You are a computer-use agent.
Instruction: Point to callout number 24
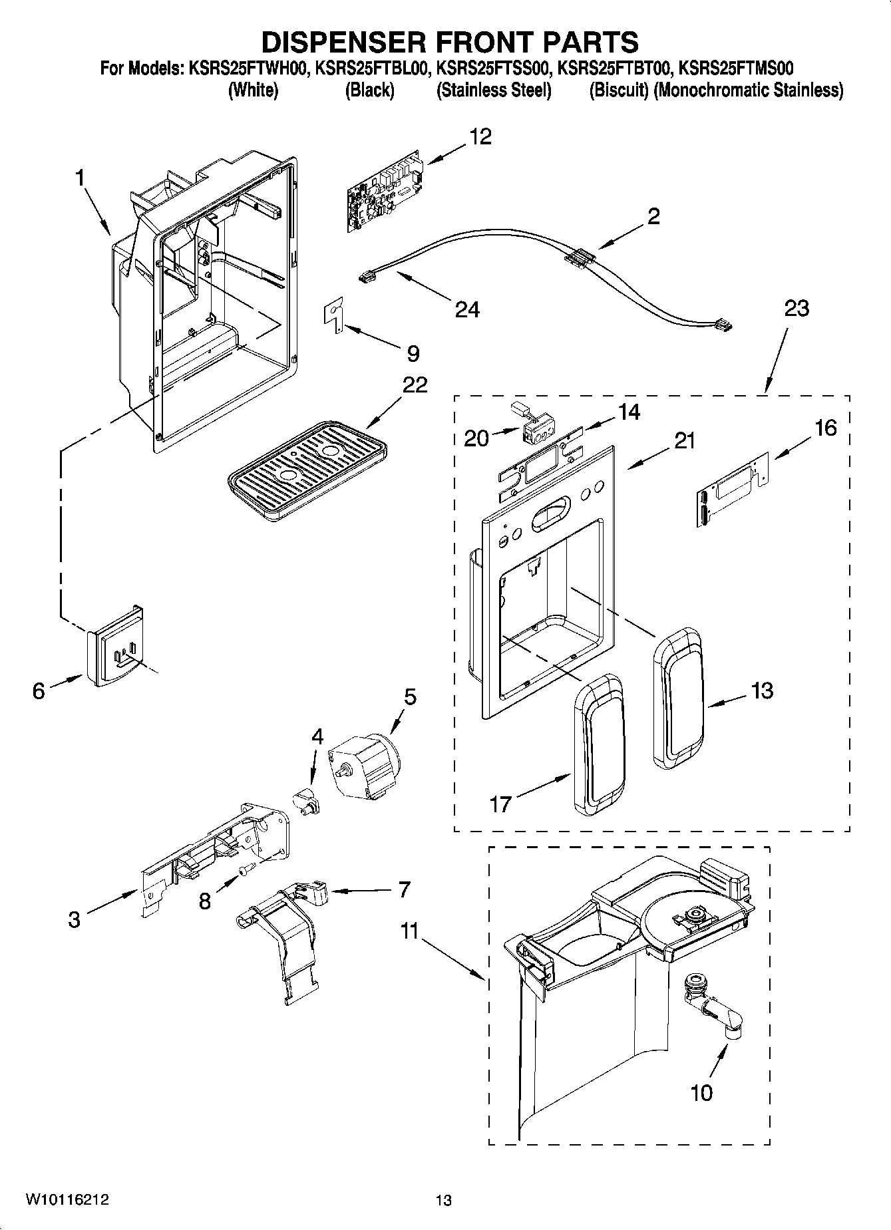coord(467,309)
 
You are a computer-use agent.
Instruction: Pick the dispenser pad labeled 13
coord(677,697)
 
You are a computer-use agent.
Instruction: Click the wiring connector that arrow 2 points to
coord(578,258)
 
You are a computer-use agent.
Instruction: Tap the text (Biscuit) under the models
coord(618,90)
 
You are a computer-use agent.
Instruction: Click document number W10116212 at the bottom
coord(67,1200)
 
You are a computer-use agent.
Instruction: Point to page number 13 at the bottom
coord(443,1201)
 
